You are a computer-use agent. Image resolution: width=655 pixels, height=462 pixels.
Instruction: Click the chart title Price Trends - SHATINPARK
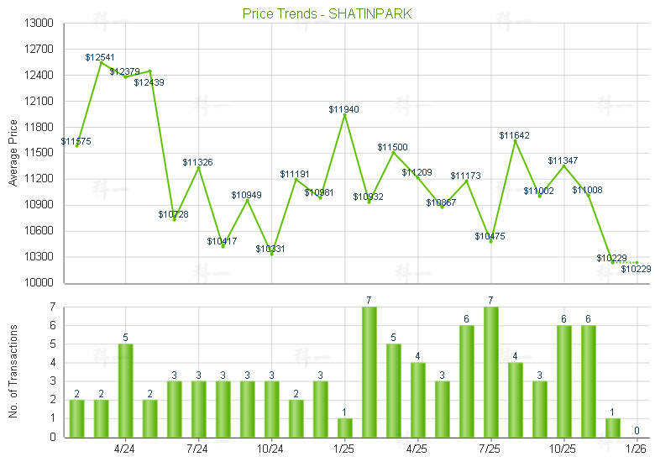[x=327, y=14]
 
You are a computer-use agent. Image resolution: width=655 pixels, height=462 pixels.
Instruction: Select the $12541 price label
[x=100, y=57]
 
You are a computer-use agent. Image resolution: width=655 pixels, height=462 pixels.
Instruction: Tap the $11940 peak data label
[x=344, y=109]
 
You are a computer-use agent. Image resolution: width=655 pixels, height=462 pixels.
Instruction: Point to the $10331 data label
[x=270, y=249]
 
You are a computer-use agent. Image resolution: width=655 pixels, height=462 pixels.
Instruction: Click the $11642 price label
[x=514, y=135]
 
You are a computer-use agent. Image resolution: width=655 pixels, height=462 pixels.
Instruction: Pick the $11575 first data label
[x=76, y=141]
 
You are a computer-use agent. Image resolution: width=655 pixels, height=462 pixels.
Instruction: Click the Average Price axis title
[x=13, y=154]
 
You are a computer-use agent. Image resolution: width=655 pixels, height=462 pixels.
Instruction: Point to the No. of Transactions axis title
[x=13, y=372]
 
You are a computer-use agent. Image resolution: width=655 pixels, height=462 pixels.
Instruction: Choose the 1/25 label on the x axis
[x=344, y=449]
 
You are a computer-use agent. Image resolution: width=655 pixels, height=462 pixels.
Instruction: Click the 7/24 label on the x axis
[x=197, y=449]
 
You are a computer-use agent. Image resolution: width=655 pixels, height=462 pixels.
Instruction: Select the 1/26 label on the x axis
[x=637, y=449]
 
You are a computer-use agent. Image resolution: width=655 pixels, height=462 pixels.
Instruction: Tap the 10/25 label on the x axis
[x=563, y=449]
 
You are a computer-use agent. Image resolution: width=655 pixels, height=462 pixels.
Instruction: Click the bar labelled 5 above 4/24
[x=125, y=391]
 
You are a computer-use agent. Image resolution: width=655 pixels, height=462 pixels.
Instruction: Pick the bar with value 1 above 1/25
[x=344, y=428]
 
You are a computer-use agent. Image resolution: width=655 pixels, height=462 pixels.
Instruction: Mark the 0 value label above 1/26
[x=637, y=431]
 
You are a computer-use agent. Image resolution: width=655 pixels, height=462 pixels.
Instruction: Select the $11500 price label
[x=392, y=147]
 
